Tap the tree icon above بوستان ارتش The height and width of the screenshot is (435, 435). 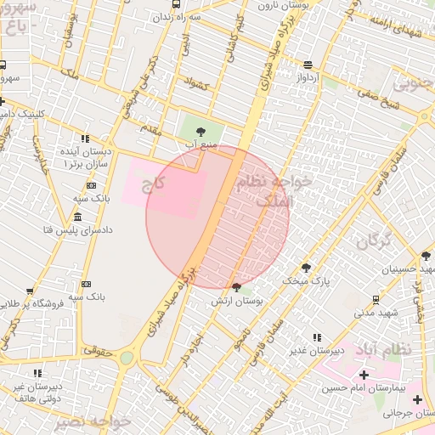pyautogui.click(x=236, y=287)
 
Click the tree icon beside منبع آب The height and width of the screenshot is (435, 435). pyautogui.click(x=201, y=132)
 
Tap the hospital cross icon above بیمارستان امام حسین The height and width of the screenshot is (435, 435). pyautogui.click(x=364, y=375)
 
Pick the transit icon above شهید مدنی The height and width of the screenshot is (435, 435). pyautogui.click(x=376, y=299)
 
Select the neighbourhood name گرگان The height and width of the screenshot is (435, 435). pyautogui.click(x=375, y=240)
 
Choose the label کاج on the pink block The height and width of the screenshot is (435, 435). pyautogui.click(x=153, y=183)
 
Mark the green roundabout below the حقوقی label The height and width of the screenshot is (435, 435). pyautogui.click(x=127, y=359)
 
